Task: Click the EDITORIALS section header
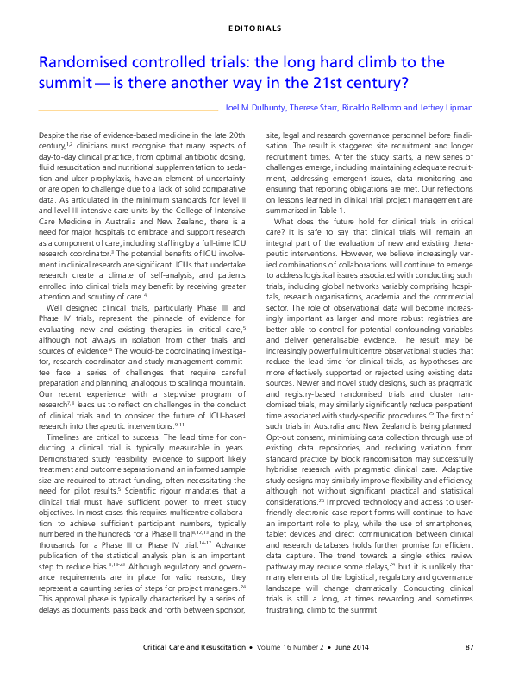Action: tap(256, 28)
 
